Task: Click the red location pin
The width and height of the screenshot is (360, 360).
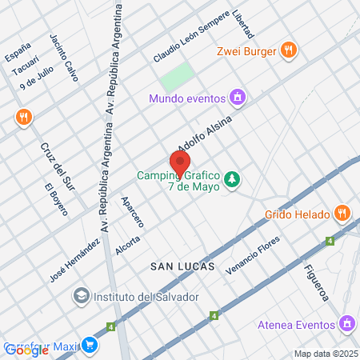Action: coord(179,162)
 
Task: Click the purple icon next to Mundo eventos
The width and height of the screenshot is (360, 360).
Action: coord(236,98)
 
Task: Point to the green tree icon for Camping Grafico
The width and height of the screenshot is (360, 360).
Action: coord(231,178)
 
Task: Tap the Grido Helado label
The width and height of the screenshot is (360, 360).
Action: coord(297,214)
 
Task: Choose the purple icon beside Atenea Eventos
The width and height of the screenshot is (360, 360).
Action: coord(346,324)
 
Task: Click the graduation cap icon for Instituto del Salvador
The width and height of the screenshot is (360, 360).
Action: coord(81,297)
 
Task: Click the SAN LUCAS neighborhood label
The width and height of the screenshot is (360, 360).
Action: coord(182,267)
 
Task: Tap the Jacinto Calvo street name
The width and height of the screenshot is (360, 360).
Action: coord(63,52)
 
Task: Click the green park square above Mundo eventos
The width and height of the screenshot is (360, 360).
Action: coord(177,77)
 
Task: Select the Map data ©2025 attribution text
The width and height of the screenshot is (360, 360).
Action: coord(325,354)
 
